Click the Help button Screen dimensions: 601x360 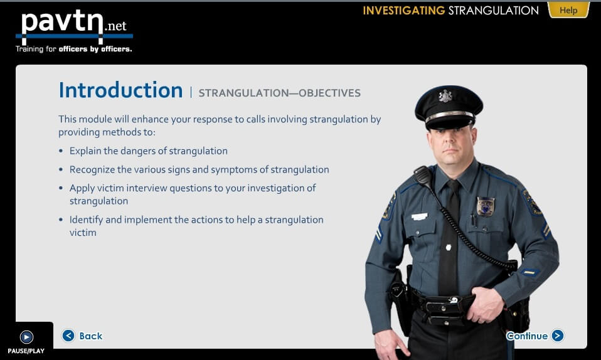tap(568, 10)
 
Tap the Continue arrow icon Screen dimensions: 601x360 tap(558, 336)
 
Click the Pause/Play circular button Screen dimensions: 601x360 tap(26, 337)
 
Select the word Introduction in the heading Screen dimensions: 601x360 tap(120, 90)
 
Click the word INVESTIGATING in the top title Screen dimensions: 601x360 tap(403, 11)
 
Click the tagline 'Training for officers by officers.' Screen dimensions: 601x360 tap(73, 49)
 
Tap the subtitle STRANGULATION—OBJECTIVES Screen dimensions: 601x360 tap(279, 93)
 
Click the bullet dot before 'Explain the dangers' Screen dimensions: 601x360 tap(61, 151)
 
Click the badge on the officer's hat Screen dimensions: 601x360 tap(445, 96)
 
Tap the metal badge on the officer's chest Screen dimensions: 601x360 tap(486, 206)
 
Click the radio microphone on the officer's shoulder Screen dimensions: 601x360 tap(423, 177)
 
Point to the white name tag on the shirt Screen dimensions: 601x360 tap(419, 216)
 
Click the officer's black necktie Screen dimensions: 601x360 tap(450, 238)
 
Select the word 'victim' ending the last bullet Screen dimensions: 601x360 tap(83, 233)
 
